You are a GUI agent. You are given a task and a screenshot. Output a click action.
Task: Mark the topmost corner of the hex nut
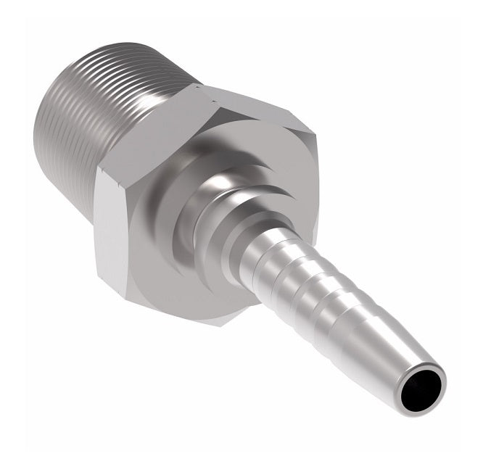point(197,85)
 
